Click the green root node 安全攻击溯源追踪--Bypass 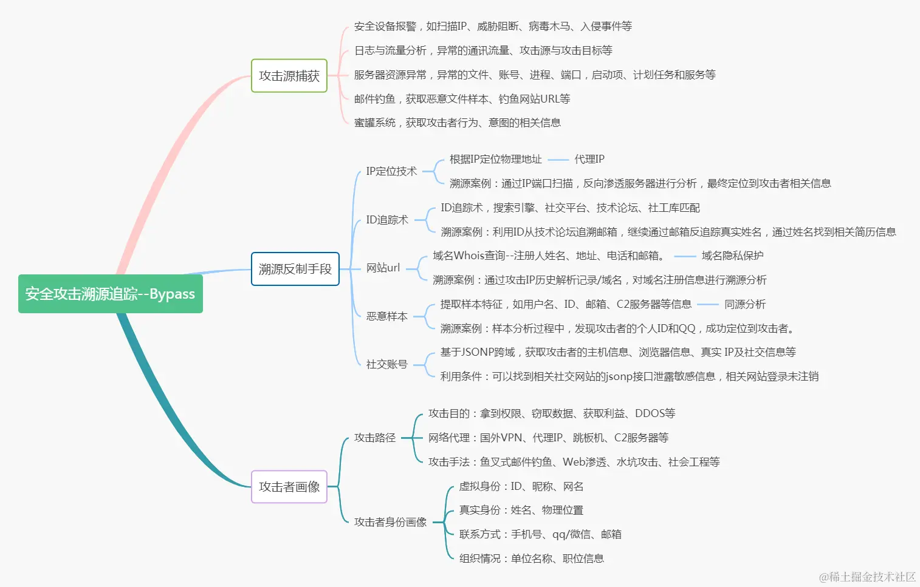click(110, 294)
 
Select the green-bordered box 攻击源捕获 click(289, 76)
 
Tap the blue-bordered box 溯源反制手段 click(295, 269)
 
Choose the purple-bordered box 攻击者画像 click(289, 487)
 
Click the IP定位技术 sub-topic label click(391, 171)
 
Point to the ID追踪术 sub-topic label click(387, 220)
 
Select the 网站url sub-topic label click(383, 268)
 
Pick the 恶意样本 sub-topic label click(386, 316)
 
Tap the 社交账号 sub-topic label click(386, 364)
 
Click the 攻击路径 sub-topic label click(375, 438)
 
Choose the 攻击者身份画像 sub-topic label click(390, 522)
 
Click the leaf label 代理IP click(589, 159)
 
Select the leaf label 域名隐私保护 click(732, 256)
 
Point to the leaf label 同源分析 click(745, 304)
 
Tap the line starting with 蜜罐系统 click(458, 123)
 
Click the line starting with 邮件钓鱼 click(462, 99)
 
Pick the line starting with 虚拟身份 click(521, 486)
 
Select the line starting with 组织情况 click(532, 558)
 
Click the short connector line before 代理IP click(558, 160)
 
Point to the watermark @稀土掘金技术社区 click(867, 577)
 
